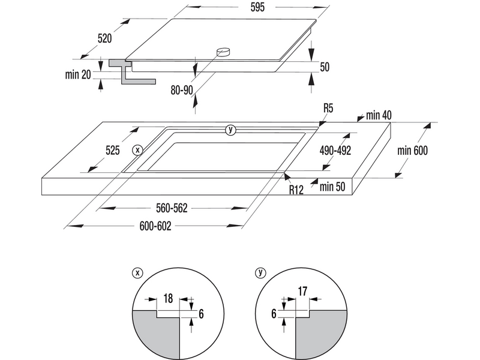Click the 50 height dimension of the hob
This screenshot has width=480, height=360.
point(325,67)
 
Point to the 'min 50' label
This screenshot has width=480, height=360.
point(333,187)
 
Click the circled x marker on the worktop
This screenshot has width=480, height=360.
point(138,149)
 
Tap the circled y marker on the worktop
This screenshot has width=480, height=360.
point(231,130)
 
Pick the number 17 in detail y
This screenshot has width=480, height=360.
point(303,291)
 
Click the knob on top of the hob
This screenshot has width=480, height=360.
point(224,53)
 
